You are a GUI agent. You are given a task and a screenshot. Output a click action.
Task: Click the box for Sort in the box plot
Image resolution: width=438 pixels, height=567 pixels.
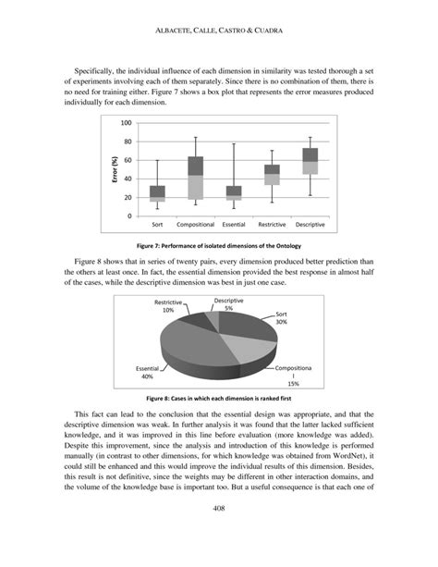(x=157, y=193)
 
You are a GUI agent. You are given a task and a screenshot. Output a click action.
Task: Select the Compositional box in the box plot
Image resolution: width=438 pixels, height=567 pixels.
(x=195, y=178)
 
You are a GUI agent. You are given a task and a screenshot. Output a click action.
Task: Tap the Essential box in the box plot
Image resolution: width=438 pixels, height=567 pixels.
(x=234, y=192)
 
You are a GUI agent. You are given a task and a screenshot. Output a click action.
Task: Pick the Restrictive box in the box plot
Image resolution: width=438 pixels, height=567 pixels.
(x=272, y=175)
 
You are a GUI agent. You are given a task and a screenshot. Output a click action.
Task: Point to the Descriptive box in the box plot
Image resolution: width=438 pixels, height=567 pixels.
(x=310, y=161)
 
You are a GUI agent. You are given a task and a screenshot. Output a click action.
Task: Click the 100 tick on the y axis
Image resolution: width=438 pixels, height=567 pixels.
(x=127, y=123)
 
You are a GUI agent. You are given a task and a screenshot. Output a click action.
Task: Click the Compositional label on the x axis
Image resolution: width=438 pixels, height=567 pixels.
(x=195, y=225)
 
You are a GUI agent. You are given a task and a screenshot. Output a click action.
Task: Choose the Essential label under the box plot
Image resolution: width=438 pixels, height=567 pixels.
(x=234, y=225)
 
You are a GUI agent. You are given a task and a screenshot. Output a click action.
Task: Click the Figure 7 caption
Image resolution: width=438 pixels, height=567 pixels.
(x=218, y=246)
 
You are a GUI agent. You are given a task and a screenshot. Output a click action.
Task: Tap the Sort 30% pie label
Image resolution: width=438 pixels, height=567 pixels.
(x=281, y=318)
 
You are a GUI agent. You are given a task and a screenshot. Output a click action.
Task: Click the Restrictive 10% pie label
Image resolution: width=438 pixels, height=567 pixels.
(x=167, y=306)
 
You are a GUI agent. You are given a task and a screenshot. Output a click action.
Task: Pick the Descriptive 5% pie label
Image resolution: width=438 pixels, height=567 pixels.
(x=228, y=304)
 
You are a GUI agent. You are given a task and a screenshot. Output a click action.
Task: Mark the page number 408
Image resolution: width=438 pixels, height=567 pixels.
(x=218, y=534)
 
